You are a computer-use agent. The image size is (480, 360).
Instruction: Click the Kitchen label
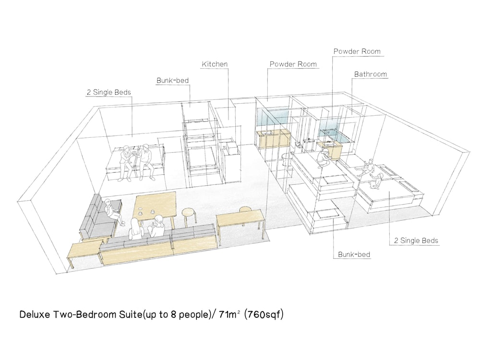(x=215, y=64)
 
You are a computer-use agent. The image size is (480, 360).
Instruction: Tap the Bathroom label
(x=371, y=74)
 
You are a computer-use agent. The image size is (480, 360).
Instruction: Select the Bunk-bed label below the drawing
(x=354, y=254)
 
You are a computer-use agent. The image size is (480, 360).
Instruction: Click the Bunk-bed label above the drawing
(x=173, y=81)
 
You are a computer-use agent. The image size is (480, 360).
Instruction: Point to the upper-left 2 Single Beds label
(x=108, y=92)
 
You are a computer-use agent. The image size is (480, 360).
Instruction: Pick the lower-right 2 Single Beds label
(x=416, y=240)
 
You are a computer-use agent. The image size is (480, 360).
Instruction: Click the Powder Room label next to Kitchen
(x=293, y=64)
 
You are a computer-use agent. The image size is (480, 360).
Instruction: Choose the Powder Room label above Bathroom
(x=357, y=51)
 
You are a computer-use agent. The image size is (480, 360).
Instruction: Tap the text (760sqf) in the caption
(x=264, y=314)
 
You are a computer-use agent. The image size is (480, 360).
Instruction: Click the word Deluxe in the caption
(x=35, y=315)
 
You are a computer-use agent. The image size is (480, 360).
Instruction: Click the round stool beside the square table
(x=188, y=216)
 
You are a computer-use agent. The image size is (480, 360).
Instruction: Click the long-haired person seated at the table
(x=135, y=229)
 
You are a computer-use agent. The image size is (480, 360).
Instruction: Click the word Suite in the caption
(x=131, y=314)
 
